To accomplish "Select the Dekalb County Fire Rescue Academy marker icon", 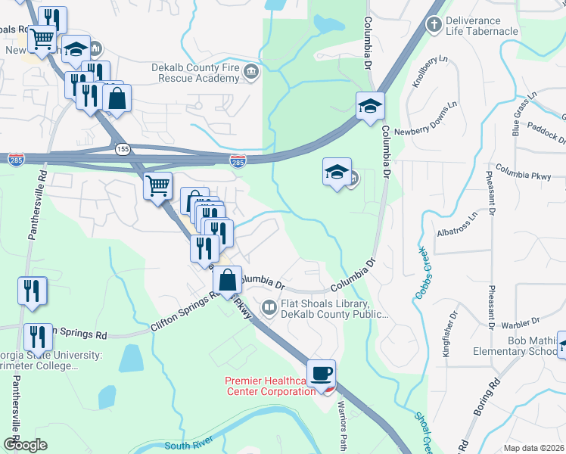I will tap(251, 73).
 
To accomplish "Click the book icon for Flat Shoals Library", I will tap(269, 307).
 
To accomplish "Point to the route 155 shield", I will tap(123, 150).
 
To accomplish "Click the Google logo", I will tap(25, 445).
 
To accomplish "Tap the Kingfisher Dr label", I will tap(446, 333).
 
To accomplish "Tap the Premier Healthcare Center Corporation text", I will tap(270, 385).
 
